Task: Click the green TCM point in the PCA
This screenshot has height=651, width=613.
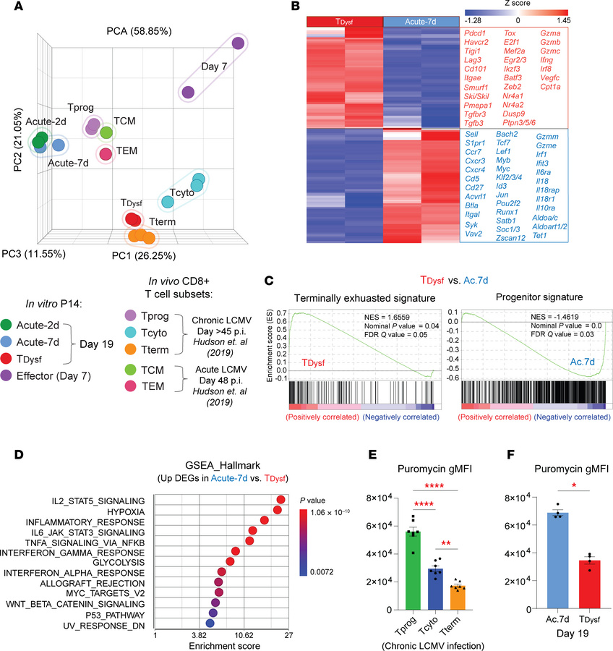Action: pyautogui.click(x=106, y=132)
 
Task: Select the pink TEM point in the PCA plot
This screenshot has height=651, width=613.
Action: pyautogui.click(x=106, y=154)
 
